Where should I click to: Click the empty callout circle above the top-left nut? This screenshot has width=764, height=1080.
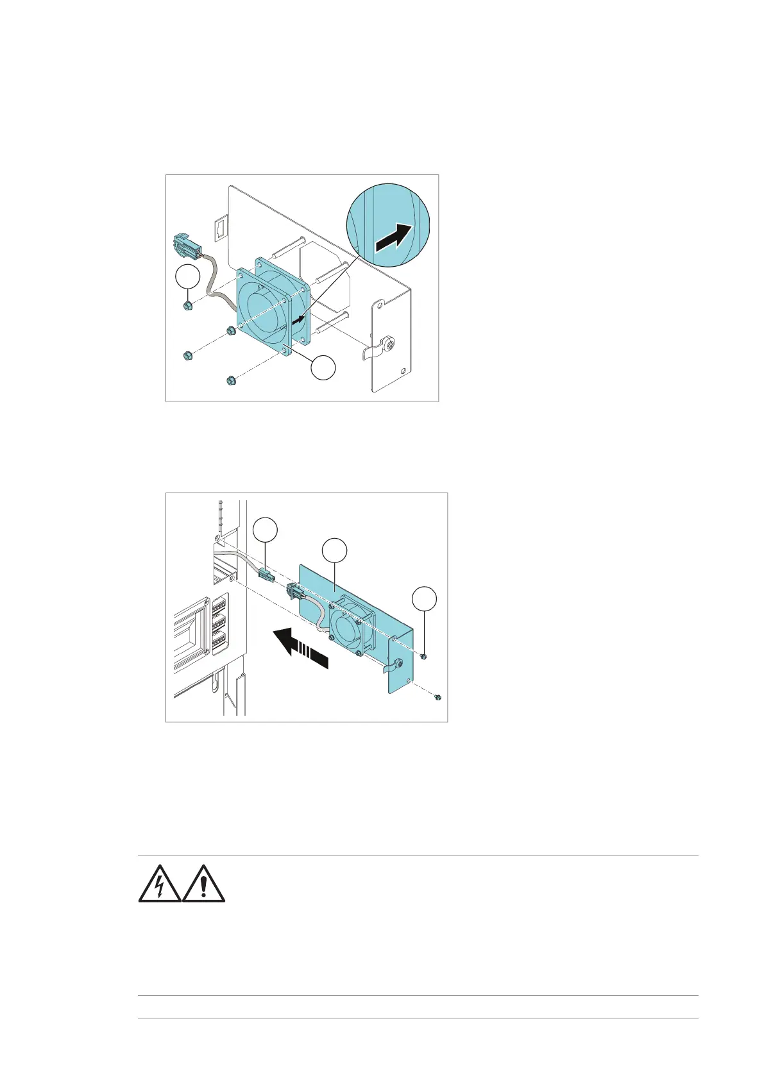point(187,278)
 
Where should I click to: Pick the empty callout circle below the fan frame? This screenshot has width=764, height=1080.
point(323,367)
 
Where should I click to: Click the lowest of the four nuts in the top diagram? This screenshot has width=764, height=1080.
point(229,382)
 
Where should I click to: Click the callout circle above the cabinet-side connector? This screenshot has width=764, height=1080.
point(266,531)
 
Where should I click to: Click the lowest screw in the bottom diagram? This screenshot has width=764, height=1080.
point(437,696)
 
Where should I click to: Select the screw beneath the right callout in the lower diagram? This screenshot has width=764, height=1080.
point(425,656)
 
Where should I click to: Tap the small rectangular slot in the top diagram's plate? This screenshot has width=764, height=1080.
point(219,227)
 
